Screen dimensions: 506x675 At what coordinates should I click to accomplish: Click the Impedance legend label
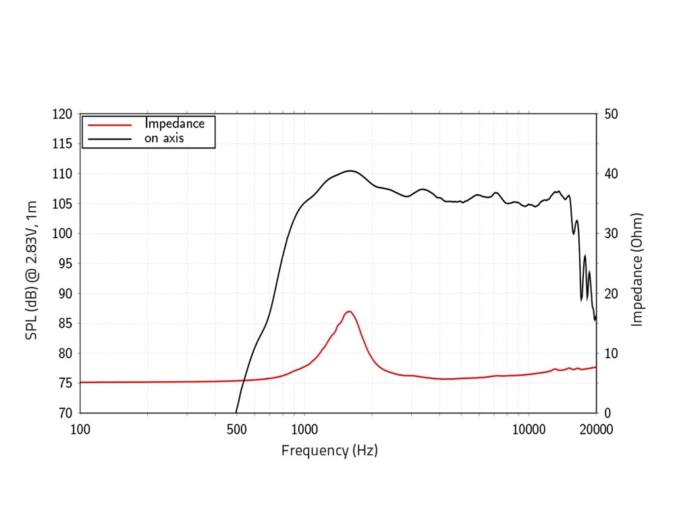tap(174, 124)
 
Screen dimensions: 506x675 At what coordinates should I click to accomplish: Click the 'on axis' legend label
tap(164, 139)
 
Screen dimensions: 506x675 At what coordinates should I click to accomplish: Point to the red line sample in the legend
tap(109, 125)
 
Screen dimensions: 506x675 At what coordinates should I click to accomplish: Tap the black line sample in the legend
tap(109, 140)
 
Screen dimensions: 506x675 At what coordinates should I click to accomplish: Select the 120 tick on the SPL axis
tap(62, 114)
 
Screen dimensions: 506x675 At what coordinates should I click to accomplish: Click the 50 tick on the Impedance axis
tap(611, 114)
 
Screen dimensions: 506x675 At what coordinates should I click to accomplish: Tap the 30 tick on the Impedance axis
tap(611, 233)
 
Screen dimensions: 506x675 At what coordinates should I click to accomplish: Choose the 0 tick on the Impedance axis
tap(607, 413)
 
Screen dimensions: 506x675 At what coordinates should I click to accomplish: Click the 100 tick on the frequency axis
tap(80, 428)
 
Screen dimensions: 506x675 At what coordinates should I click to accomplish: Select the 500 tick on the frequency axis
tap(237, 428)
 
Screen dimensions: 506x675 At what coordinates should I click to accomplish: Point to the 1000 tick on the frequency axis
tap(304, 428)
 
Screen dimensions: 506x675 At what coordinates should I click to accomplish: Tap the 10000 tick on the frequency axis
tap(529, 428)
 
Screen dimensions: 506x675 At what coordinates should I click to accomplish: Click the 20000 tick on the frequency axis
tap(596, 428)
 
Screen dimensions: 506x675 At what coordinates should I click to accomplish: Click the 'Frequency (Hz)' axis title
tap(329, 450)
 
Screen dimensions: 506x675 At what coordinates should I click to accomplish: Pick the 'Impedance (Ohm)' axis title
tap(637, 270)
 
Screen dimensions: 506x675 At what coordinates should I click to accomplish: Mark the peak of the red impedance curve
tap(349, 311)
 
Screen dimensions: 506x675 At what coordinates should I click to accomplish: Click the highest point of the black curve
tap(350, 171)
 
